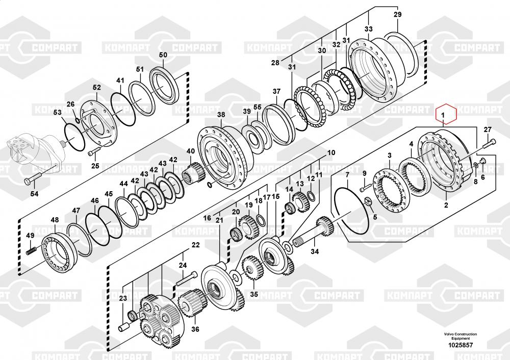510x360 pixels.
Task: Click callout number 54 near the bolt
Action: pyautogui.click(x=34, y=194)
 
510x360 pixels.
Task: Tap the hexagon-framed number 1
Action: pyautogui.click(x=444, y=115)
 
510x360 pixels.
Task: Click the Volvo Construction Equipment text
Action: pyautogui.click(x=460, y=336)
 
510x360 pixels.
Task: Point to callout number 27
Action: pyautogui.click(x=488, y=129)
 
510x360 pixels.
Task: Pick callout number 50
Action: pyautogui.click(x=163, y=55)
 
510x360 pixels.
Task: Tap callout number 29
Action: pyautogui.click(x=397, y=15)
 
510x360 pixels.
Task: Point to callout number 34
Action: pyautogui.click(x=315, y=251)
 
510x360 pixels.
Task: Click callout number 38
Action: pyautogui.click(x=221, y=115)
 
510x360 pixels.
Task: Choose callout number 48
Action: pyautogui.click(x=55, y=220)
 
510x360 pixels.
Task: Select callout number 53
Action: pyautogui.click(x=58, y=112)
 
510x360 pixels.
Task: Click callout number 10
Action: pyautogui.click(x=331, y=152)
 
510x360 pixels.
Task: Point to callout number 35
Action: pyautogui.click(x=253, y=294)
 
